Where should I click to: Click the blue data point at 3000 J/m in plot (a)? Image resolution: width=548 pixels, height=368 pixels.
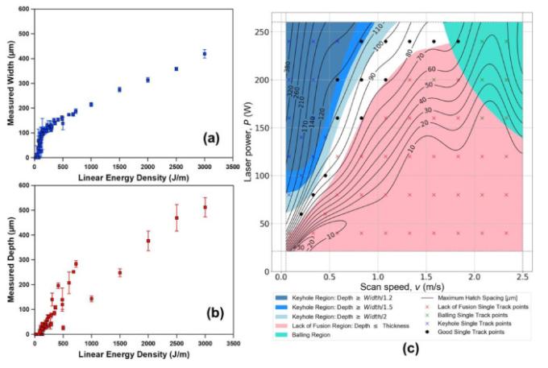coord(205,54)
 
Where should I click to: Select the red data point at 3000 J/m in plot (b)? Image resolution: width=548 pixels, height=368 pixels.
coord(205,207)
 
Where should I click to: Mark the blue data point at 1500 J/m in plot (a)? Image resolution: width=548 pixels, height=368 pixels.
coord(119,89)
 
